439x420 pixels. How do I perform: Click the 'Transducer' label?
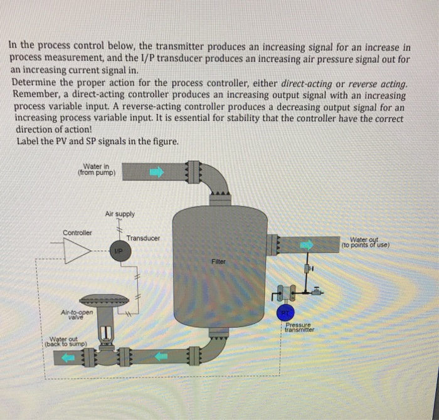[143, 239]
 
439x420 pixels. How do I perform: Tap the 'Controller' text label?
[77, 233]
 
